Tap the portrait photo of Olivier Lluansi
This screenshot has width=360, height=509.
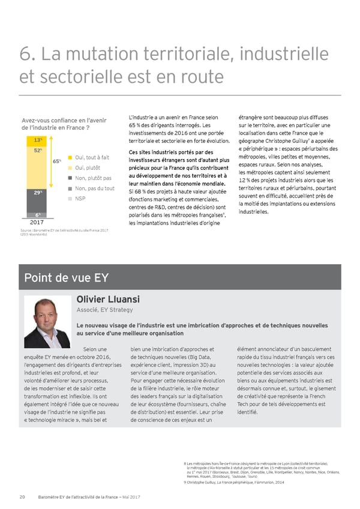pos(47,322)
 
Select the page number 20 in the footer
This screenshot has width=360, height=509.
pos(22,496)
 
